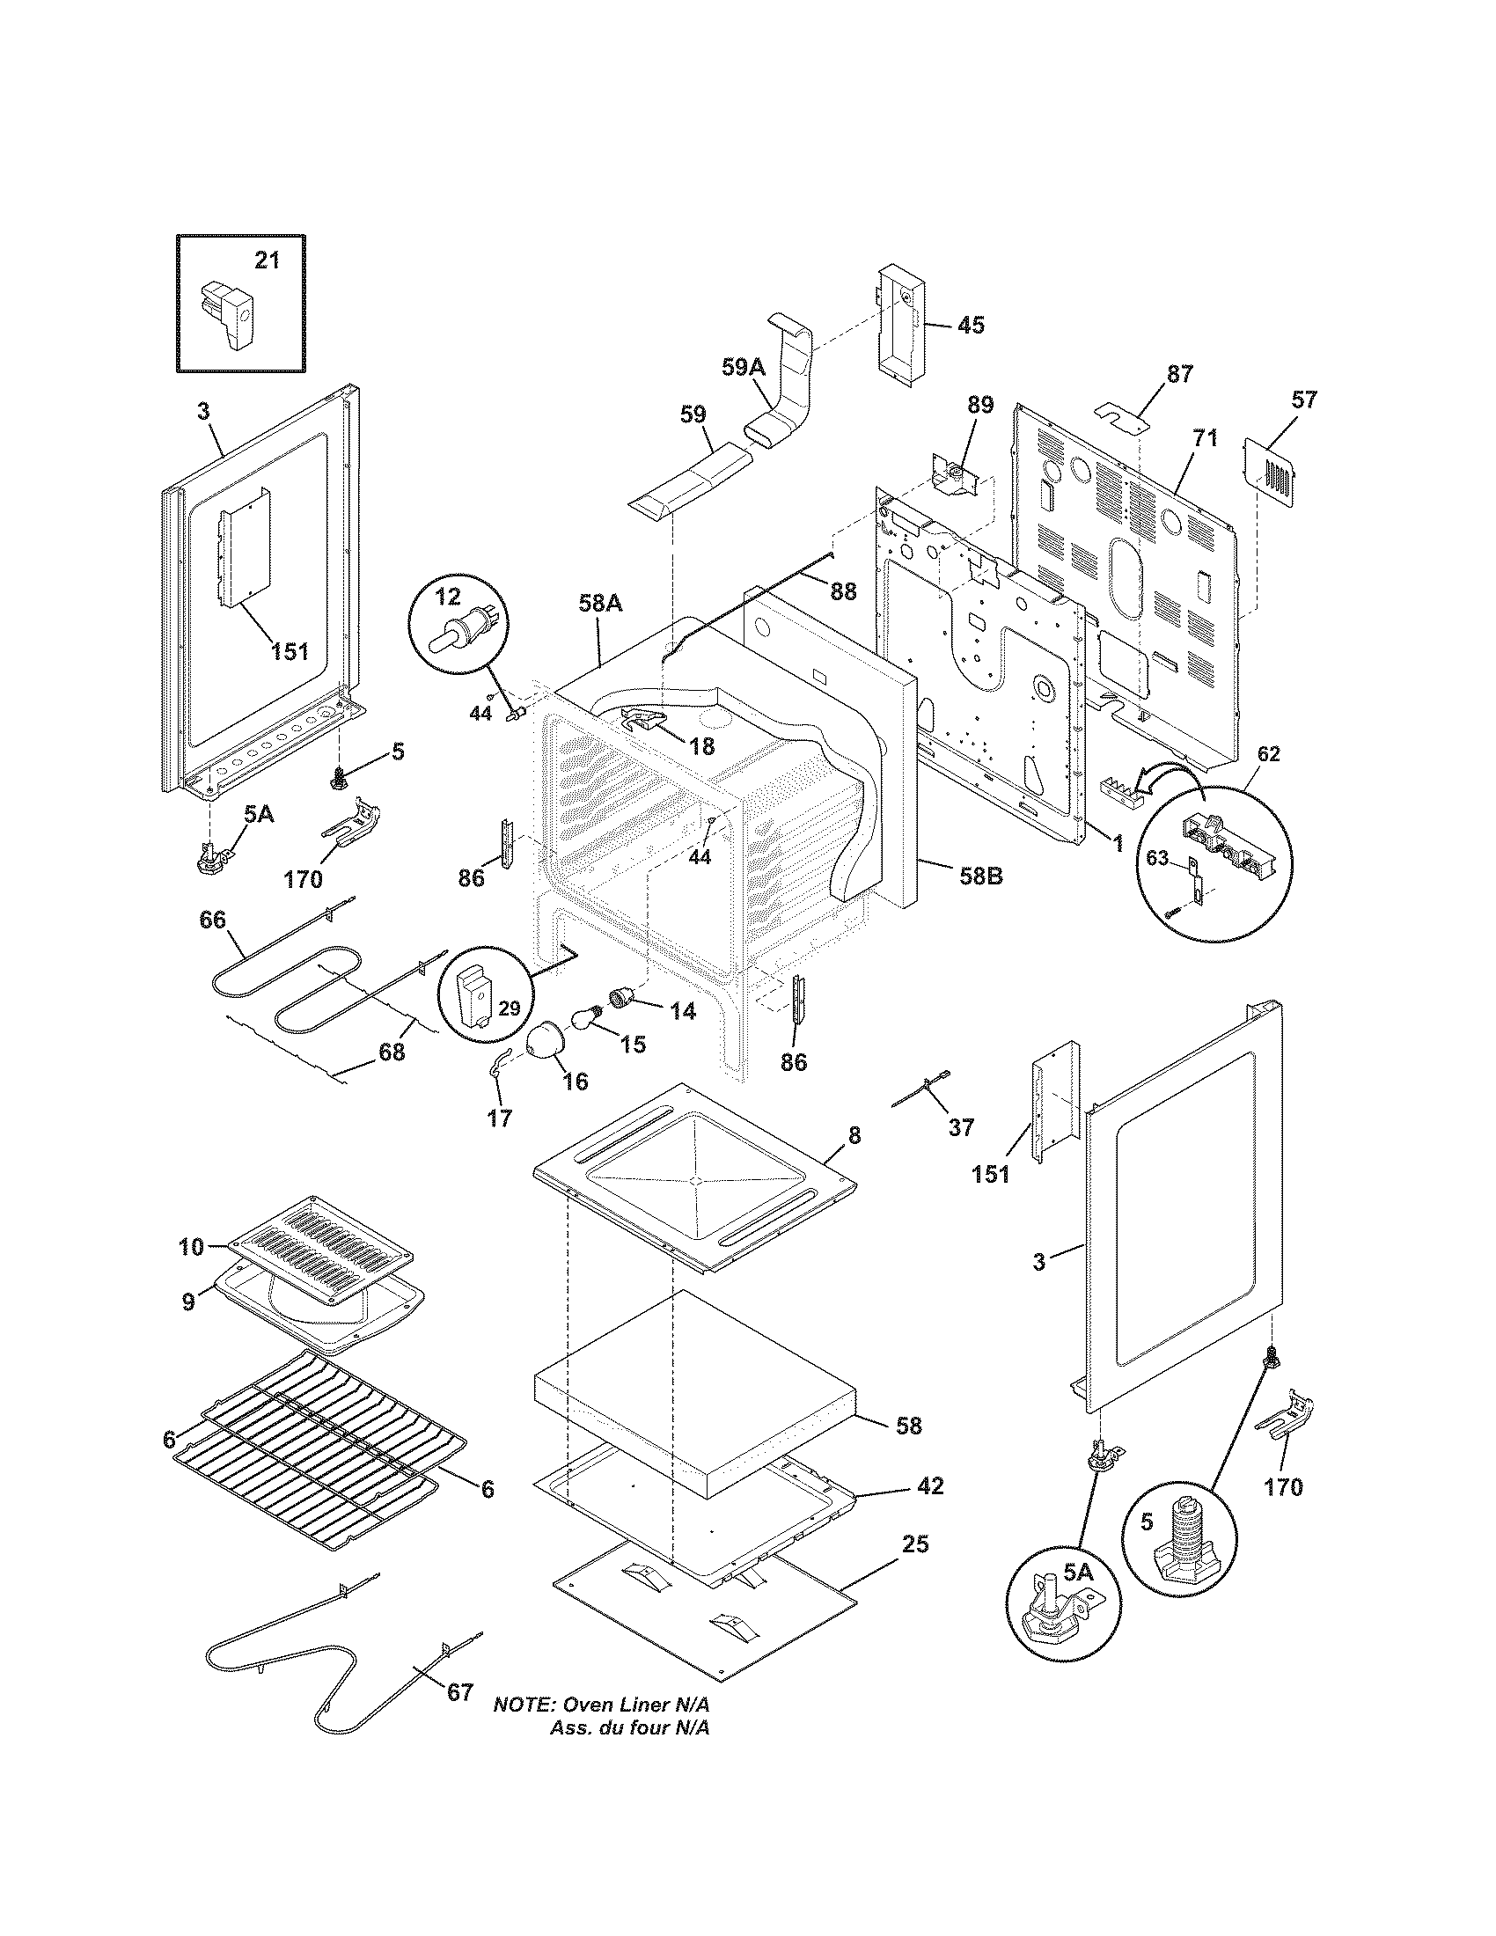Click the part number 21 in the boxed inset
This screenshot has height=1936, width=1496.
click(267, 260)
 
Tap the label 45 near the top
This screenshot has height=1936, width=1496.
click(971, 325)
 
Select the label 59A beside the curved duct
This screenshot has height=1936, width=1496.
click(743, 366)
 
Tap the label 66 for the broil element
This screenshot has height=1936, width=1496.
click(213, 920)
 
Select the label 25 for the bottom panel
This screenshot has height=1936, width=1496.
click(915, 1544)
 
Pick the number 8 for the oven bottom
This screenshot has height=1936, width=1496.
click(854, 1135)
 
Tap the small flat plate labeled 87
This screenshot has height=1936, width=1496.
click(1120, 414)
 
